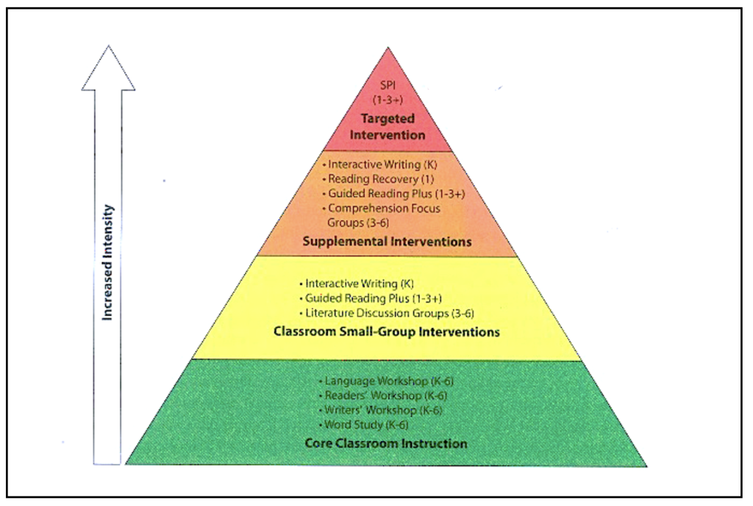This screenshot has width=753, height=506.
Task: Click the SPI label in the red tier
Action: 388,85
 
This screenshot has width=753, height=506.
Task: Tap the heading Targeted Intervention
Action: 388,127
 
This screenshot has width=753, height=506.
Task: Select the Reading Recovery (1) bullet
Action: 379,179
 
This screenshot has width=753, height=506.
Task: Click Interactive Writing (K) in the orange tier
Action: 380,164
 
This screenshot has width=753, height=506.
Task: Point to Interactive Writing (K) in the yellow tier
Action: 357,284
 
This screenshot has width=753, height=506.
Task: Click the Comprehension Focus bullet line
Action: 382,208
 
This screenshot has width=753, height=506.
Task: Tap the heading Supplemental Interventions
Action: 387,242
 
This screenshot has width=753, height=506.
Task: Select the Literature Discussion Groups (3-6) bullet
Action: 387,313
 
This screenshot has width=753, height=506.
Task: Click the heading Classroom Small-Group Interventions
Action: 387,332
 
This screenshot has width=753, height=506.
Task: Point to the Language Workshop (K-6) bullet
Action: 386,381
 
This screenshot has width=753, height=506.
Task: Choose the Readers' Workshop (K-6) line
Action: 382,396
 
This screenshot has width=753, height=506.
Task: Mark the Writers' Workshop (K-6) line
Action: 380,410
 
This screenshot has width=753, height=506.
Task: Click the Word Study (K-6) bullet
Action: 363,425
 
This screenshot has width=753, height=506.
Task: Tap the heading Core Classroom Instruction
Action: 386,443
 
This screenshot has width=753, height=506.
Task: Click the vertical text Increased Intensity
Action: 107,263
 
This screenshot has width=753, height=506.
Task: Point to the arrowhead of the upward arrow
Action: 109,46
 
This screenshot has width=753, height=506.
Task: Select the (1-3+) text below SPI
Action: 388,100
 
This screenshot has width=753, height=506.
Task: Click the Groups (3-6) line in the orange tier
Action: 358,222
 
